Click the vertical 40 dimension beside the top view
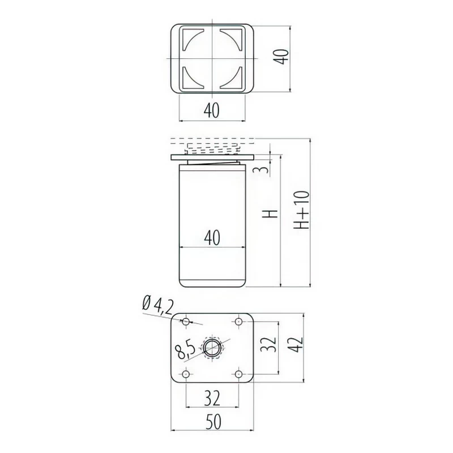[281, 57]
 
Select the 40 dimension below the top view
[212, 110]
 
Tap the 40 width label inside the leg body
[212, 237]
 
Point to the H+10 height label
[302, 210]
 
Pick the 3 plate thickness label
[261, 169]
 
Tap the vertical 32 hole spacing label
[268, 344]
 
